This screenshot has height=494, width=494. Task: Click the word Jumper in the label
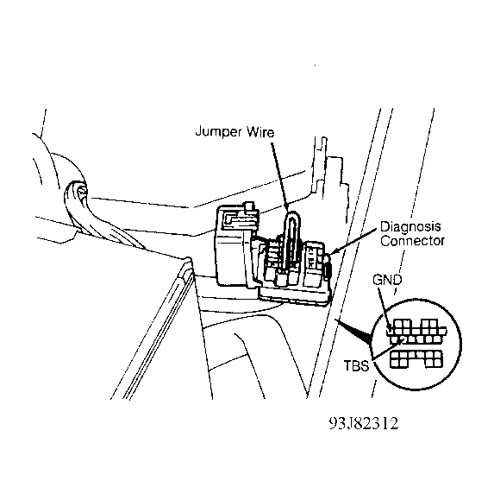pyautogui.click(x=219, y=131)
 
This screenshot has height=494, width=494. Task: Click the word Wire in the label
pyautogui.click(x=260, y=131)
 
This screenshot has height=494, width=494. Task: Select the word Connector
pyautogui.click(x=412, y=241)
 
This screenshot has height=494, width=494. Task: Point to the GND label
pyautogui.click(x=387, y=280)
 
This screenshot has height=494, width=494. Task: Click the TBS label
pyautogui.click(x=356, y=366)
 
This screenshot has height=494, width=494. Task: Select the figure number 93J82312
pyautogui.click(x=364, y=423)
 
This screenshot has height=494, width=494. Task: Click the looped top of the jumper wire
pyautogui.click(x=292, y=214)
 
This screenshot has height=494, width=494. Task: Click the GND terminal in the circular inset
pyautogui.click(x=391, y=330)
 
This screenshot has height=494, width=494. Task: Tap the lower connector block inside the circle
pyautogui.click(x=416, y=359)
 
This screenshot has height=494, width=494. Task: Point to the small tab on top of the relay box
pyautogui.click(x=249, y=206)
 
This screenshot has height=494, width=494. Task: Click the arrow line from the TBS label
pyautogui.click(x=387, y=349)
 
